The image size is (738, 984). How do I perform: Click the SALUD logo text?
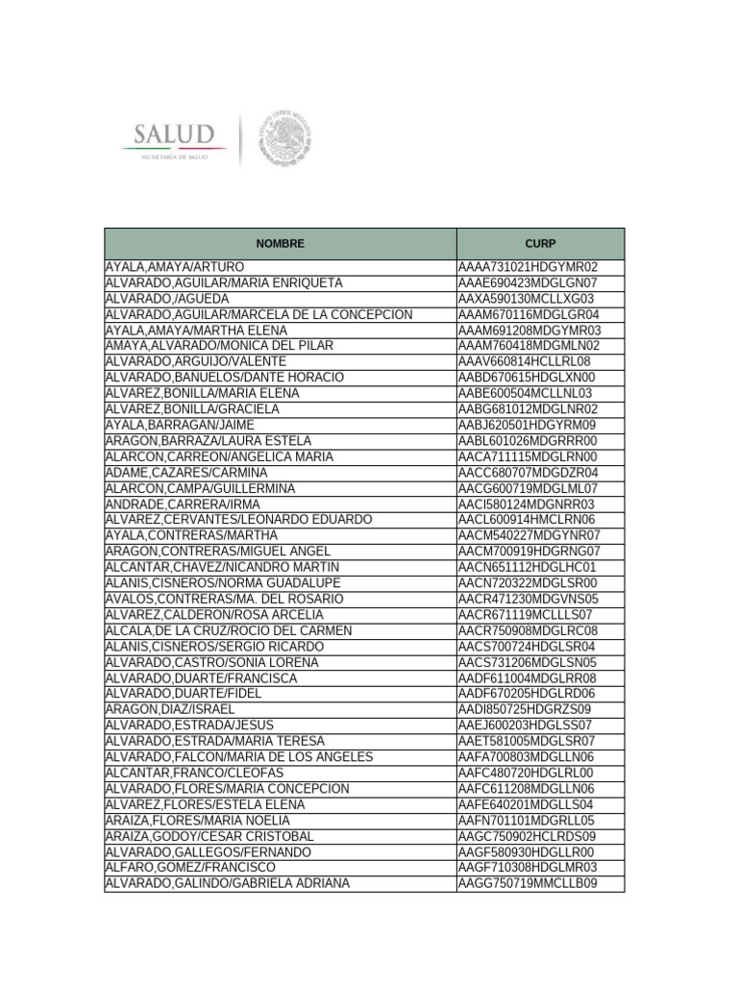173,133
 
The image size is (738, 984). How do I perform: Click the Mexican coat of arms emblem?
284,136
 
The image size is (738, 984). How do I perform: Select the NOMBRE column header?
280,244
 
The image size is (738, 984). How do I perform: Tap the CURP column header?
540,244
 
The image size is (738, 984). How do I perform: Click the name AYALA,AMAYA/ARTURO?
174,267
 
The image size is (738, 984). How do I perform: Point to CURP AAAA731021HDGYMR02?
528,267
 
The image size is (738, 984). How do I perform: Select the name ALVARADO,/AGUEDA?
166,299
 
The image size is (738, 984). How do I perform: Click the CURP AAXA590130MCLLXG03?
526,299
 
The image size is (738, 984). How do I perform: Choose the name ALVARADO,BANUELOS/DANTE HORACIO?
223,378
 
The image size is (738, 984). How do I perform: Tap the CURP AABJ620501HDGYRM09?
527,425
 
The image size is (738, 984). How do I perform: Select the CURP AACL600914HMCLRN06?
528,520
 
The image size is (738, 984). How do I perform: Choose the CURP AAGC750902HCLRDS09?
528,836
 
